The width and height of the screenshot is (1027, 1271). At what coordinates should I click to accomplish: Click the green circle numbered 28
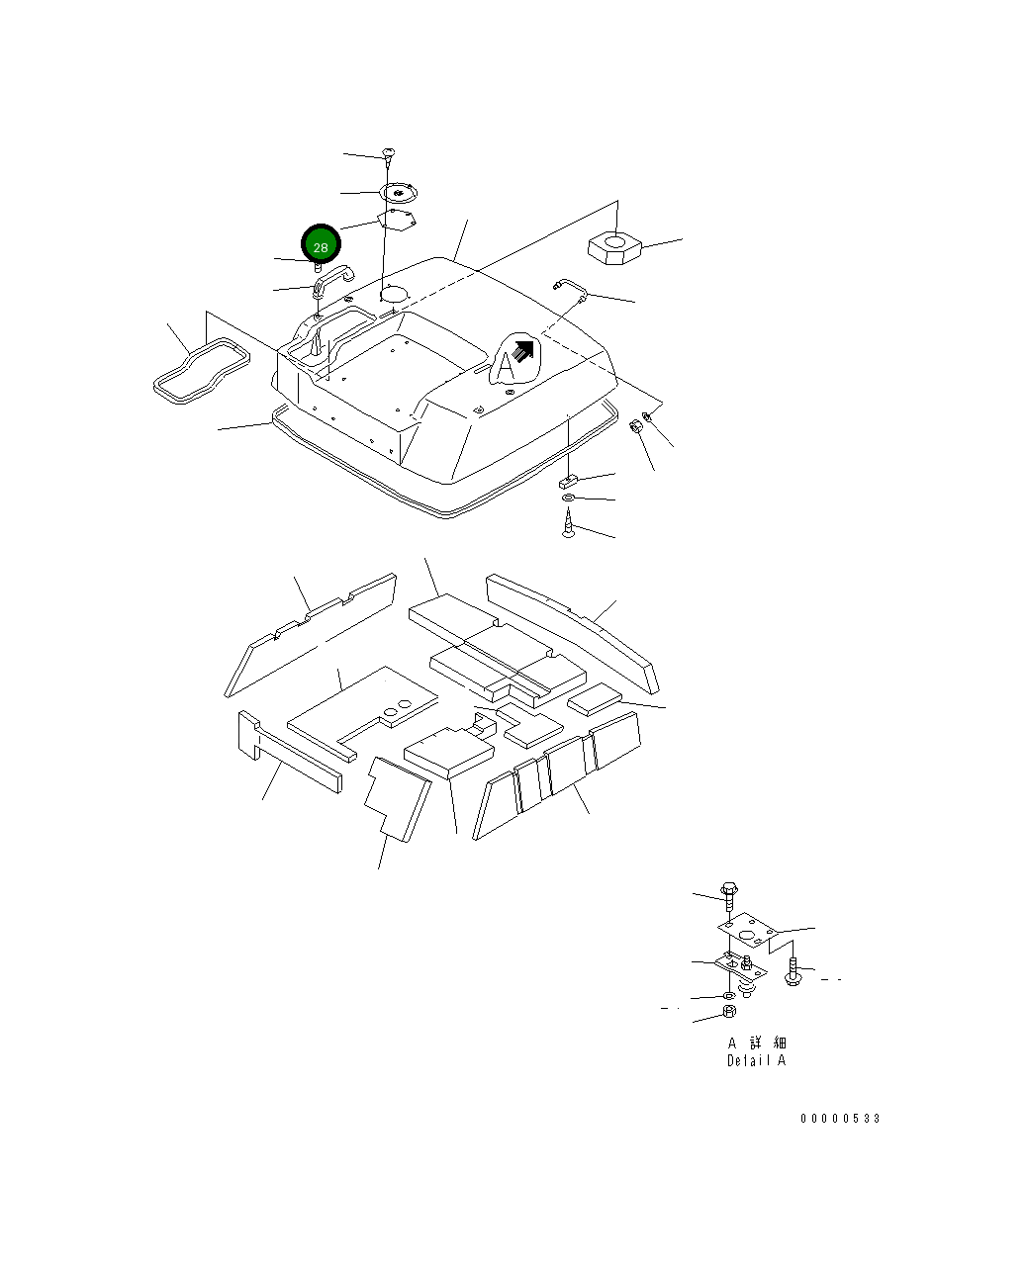click(x=321, y=244)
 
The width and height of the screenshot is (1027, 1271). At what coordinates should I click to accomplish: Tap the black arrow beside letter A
click(x=523, y=351)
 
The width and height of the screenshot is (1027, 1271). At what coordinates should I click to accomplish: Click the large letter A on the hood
click(x=506, y=366)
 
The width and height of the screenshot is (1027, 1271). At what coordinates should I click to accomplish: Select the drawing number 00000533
click(x=840, y=1119)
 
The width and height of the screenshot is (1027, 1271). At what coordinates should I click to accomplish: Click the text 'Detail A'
click(x=756, y=1060)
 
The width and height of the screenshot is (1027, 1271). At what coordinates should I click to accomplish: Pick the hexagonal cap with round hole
click(x=614, y=247)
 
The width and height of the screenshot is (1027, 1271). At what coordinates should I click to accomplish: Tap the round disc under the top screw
click(x=399, y=192)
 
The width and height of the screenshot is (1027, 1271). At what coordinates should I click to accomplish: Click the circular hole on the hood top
click(x=394, y=294)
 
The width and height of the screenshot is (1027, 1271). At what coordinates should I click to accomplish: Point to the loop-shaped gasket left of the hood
click(x=201, y=371)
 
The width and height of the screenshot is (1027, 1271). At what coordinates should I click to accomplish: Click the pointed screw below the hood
click(x=568, y=523)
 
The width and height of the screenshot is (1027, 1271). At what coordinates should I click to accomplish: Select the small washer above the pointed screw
click(x=569, y=498)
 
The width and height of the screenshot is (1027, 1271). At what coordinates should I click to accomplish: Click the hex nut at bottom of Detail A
click(x=728, y=1011)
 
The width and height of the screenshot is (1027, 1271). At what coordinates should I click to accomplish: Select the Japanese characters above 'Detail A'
click(x=757, y=1043)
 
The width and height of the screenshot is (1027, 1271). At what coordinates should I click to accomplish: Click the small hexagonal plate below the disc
click(x=397, y=219)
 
